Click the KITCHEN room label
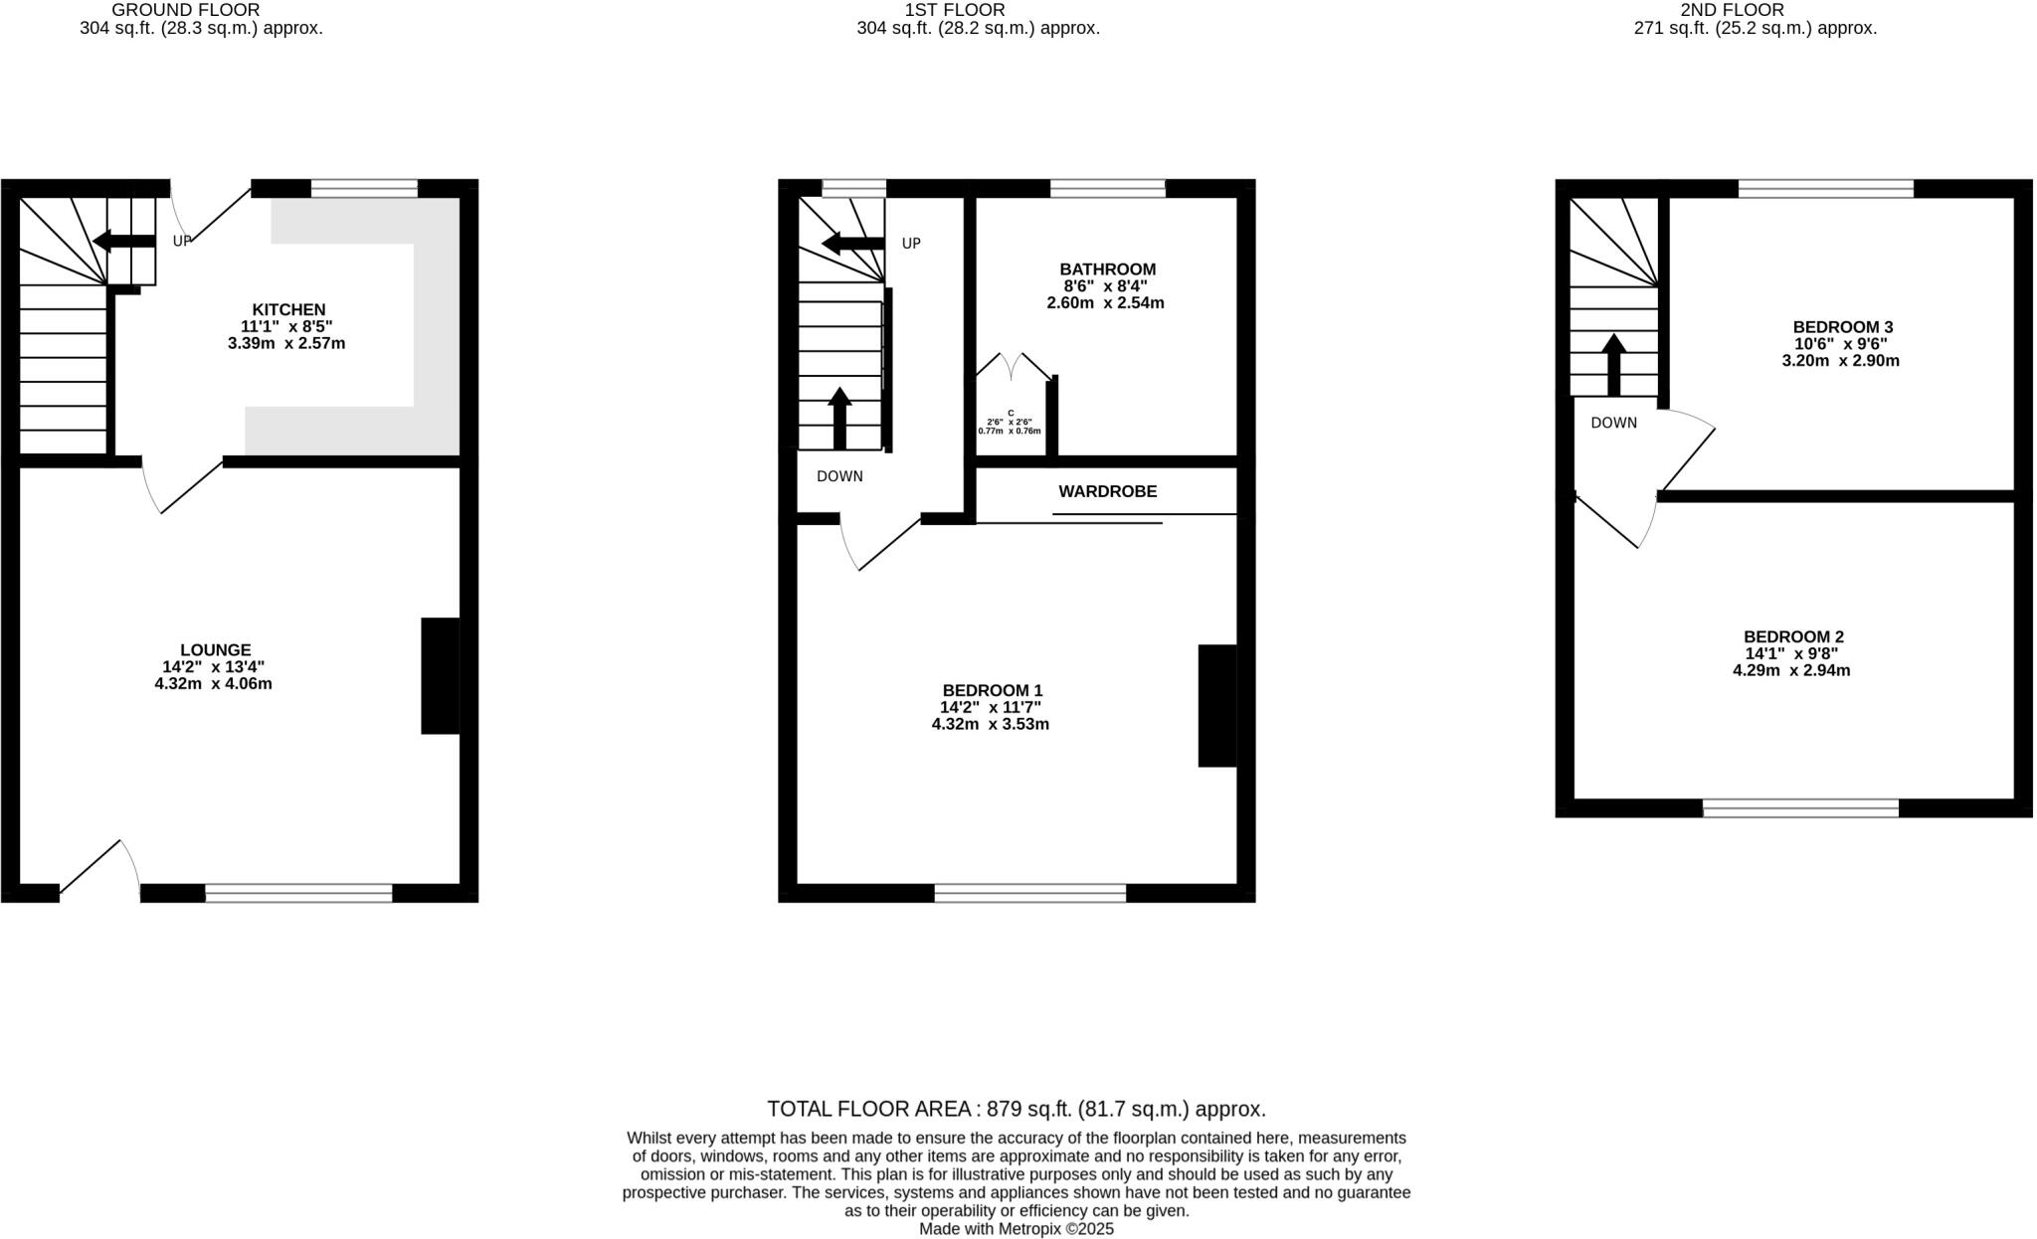[x=288, y=310]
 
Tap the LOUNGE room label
[x=216, y=650]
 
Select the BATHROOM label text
[x=1107, y=269]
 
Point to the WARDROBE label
[x=1107, y=492]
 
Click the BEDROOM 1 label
[x=992, y=690]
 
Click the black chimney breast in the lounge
[x=441, y=676]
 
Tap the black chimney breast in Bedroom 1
[x=1216, y=706]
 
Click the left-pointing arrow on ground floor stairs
[x=123, y=241]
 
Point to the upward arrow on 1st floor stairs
[x=839, y=419]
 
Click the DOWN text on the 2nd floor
[x=1613, y=423]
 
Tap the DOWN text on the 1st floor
[x=839, y=476]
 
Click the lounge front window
[x=298, y=893]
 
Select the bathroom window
[x=1107, y=188]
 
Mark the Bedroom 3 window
[x=1825, y=188]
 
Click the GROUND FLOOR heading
[x=186, y=10]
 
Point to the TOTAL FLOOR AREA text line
[x=1016, y=1109]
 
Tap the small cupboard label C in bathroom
[x=1011, y=413]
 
